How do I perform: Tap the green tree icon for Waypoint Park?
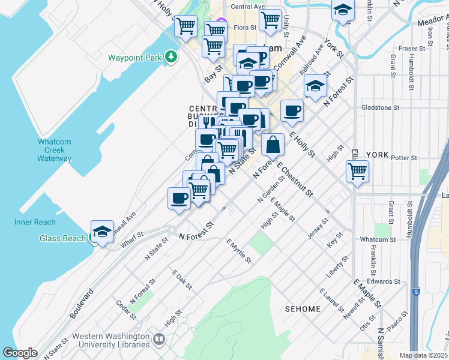point(172,56)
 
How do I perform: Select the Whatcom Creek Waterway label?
point(55,150)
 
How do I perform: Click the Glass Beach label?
point(62,238)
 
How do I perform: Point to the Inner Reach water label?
point(35,222)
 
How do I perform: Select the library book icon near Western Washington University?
point(159,339)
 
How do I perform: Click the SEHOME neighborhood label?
point(303,309)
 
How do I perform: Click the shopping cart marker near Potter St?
point(358,170)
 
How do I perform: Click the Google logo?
point(20,353)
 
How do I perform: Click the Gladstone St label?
point(380,107)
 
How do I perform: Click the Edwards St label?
point(384,281)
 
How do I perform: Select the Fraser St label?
point(412,48)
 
